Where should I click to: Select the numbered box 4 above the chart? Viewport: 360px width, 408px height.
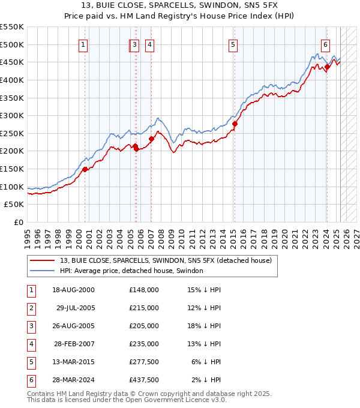coord(149,44)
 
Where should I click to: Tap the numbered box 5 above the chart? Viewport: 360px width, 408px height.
coord(232,44)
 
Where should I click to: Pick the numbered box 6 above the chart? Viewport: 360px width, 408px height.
coord(325,44)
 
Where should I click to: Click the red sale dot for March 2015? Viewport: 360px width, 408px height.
coord(235,124)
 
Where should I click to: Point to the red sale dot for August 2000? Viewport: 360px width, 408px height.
coord(85,169)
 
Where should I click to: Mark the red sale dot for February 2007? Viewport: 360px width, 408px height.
coord(152,139)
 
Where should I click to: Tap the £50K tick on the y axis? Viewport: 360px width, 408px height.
coord(14,205)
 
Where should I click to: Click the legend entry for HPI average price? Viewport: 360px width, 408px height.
coord(131,271)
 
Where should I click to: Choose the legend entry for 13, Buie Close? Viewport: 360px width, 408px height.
coord(166,260)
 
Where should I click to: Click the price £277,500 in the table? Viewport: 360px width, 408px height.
coord(143,362)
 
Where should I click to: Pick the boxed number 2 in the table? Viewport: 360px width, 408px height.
coord(31,308)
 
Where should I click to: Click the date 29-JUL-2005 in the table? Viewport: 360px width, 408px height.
coord(76,308)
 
